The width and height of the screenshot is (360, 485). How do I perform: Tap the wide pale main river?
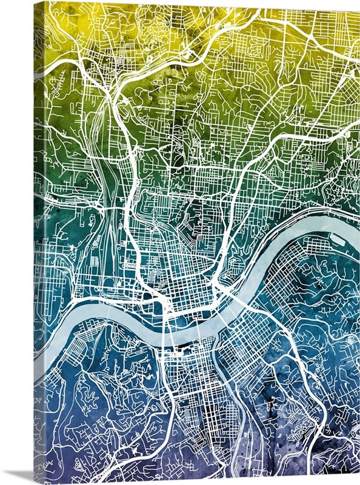coord(115,315)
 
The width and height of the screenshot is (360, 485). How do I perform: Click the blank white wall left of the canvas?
coord(15,242)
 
